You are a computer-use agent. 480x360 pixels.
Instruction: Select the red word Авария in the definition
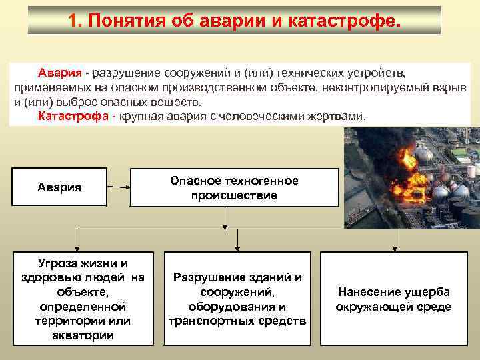point(59,72)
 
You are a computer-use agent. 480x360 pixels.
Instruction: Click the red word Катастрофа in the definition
point(73,117)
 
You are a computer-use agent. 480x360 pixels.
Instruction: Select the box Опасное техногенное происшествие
point(234,189)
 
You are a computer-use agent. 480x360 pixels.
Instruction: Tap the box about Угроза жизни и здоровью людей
point(83,298)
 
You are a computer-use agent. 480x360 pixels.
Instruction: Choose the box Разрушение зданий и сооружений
point(237,298)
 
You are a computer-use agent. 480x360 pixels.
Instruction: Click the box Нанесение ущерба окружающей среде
point(393,298)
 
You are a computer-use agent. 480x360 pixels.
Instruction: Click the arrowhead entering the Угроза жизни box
point(77,247)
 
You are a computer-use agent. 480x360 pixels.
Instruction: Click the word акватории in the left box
point(83,335)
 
